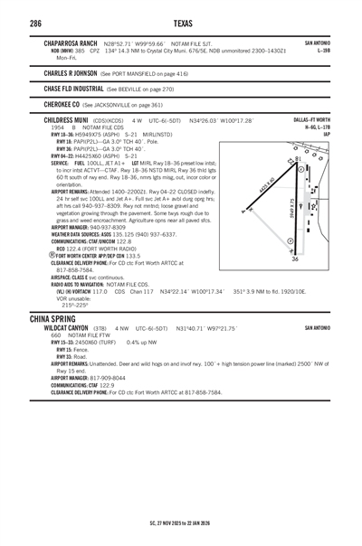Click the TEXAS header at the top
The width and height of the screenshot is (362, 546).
pos(180,23)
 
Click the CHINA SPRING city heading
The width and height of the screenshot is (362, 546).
pos(56,320)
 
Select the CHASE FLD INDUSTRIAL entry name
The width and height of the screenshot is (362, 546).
pos(74,89)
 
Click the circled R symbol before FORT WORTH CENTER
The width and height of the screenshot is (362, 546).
pos(46,231)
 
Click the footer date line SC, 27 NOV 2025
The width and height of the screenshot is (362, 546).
pos(181,522)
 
